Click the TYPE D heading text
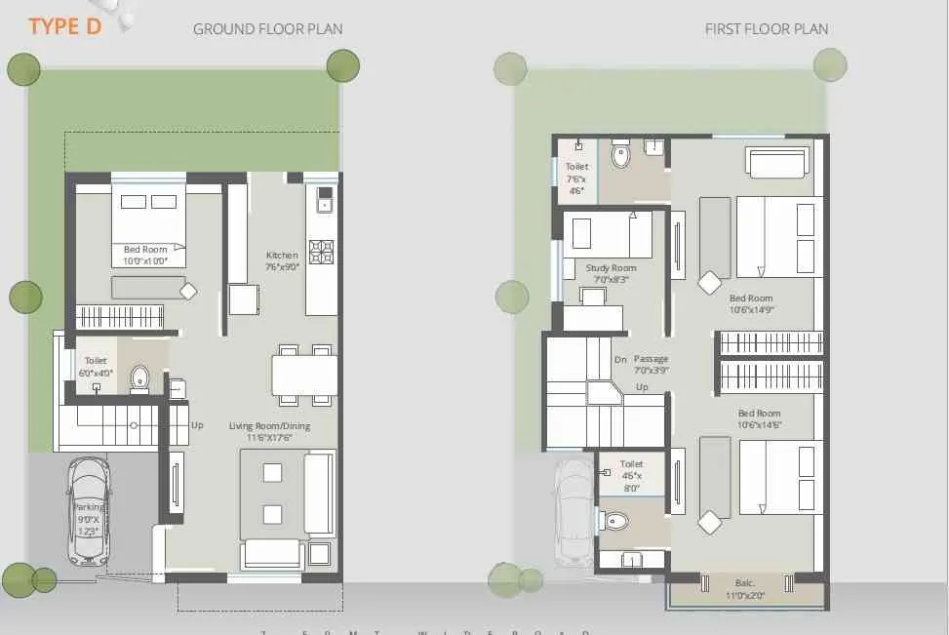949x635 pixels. point(64,25)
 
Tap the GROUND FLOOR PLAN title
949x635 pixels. point(267,29)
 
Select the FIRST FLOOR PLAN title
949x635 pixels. point(766,29)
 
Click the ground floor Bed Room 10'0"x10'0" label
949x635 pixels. point(145,256)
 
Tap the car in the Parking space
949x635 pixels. point(89,512)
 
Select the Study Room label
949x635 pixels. point(611,273)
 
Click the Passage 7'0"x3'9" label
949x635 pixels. point(651,364)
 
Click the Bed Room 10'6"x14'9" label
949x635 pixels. point(750,304)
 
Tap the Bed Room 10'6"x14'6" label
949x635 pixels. point(759,418)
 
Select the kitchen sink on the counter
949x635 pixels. point(324,204)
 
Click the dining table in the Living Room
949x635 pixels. point(304,375)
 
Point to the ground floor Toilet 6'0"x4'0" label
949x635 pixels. point(96,367)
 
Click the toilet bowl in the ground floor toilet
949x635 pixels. point(139,377)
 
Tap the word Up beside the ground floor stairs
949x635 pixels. point(197,425)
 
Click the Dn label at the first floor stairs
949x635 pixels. point(619,360)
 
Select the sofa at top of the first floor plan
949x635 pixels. point(777,161)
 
